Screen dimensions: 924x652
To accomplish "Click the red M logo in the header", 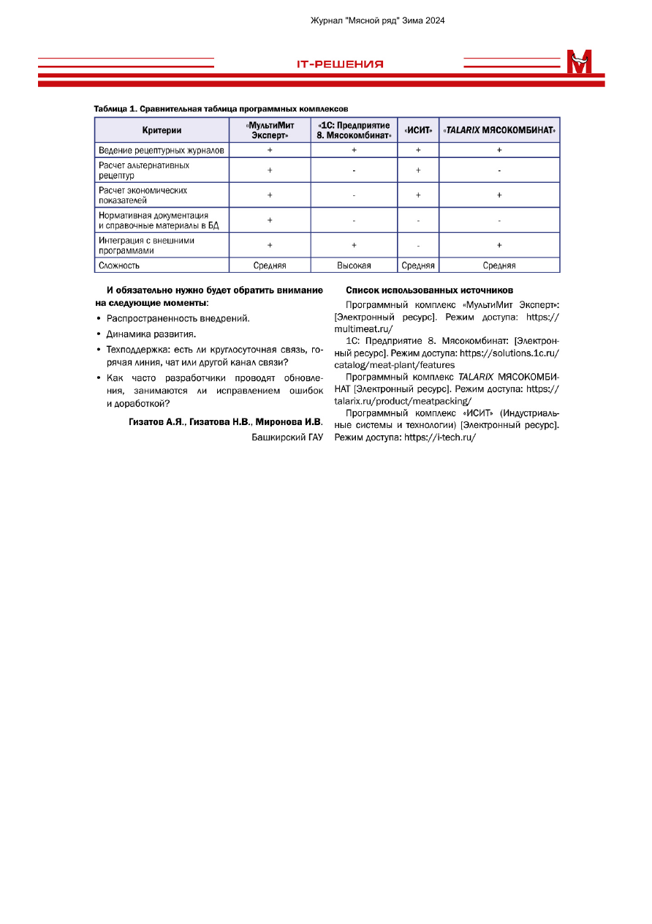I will pos(579,62).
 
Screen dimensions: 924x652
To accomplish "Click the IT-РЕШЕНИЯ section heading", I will pos(340,64).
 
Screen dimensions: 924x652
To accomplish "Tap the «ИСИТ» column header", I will pos(418,130).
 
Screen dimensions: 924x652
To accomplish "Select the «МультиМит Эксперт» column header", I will pos(270,130).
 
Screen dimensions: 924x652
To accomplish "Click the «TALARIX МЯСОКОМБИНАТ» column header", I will pos(499,130).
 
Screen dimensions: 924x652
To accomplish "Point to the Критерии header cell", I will pos(162,130).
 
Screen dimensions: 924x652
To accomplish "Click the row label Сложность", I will pos(119,266).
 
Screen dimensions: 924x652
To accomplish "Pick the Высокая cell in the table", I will pos(354,266).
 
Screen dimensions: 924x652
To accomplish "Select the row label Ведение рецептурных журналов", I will pos(162,150).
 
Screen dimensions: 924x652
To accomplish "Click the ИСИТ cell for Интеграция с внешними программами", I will pos(418,246).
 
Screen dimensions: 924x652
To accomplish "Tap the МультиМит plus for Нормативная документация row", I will pos(270,220).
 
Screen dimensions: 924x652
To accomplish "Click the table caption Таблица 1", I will pos(216,109).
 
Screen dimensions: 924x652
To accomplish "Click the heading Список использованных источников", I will pos(429,290).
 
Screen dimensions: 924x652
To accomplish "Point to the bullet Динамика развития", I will pos(151,334).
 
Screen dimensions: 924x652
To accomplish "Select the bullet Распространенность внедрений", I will pos(178,318).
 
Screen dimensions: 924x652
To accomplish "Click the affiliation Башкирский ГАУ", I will pos(287,437).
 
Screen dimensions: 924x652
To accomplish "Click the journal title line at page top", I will pos(378,20).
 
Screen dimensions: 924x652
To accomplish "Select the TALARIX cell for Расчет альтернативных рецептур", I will pos(499,170).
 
